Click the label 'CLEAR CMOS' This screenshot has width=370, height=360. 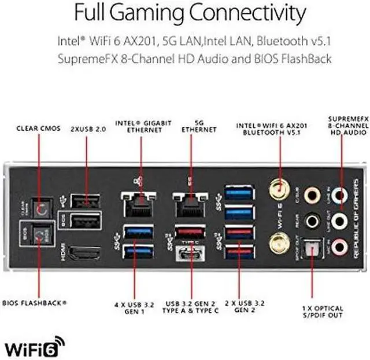(39, 128)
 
